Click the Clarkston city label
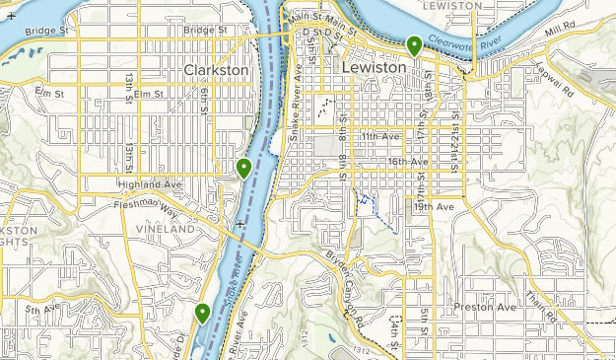coord(217,71)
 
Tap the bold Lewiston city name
coord(372,67)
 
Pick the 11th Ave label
coord(379,135)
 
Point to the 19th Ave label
coord(433,207)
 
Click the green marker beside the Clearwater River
coord(415,44)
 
